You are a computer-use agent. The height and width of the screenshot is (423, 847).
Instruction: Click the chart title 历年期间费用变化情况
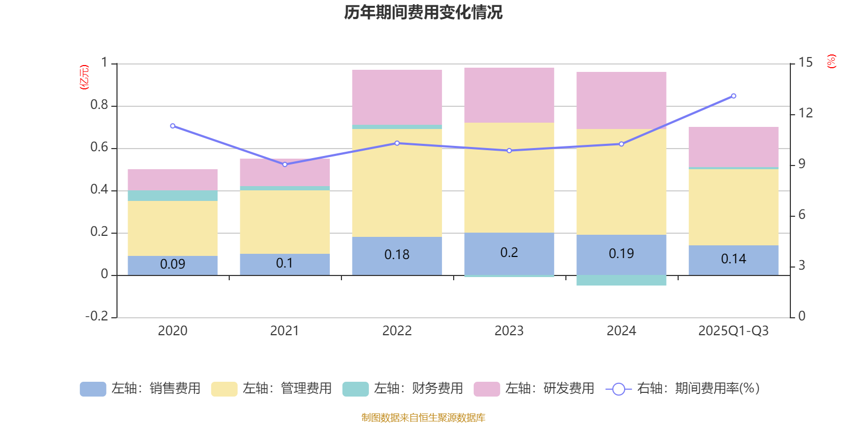[423, 12]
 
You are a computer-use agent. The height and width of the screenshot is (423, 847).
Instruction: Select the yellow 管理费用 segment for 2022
[397, 182]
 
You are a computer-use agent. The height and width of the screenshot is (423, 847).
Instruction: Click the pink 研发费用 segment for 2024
[621, 100]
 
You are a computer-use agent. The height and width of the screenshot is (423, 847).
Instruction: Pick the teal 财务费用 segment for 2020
[173, 196]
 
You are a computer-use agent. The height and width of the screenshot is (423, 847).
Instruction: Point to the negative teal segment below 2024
[621, 280]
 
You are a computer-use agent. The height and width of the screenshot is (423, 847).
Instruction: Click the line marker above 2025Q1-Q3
[733, 96]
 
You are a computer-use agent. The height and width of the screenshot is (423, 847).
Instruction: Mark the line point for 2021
[285, 164]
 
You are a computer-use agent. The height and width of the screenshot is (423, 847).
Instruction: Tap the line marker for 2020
[173, 126]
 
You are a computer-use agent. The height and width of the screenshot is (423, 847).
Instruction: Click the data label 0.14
[733, 259]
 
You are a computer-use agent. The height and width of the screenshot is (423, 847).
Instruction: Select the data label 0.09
[173, 264]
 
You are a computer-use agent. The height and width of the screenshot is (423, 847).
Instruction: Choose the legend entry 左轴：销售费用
[140, 389]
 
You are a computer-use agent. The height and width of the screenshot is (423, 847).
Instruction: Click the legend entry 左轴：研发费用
[534, 389]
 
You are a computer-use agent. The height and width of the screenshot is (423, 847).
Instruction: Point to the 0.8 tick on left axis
[99, 105]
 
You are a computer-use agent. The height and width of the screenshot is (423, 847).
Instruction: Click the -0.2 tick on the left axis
[97, 316]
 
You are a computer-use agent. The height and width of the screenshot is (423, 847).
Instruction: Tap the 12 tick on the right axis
[806, 113]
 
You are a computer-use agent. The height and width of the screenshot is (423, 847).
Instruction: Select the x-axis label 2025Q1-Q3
[733, 331]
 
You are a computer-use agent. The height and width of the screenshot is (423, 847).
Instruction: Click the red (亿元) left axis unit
[84, 77]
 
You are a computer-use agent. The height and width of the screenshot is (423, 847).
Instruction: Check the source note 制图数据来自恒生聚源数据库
[423, 418]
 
